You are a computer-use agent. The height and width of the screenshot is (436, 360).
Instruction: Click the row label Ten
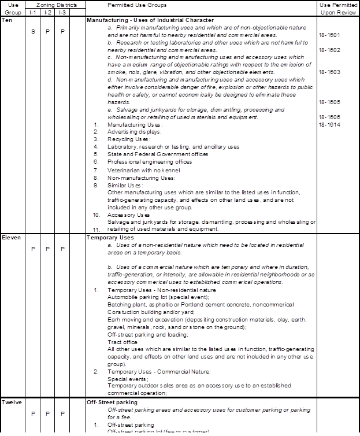(7, 20)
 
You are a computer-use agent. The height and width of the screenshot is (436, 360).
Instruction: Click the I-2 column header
(48, 12)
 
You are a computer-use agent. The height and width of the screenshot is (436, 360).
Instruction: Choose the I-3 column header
(62, 12)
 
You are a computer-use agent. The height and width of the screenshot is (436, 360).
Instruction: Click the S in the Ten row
(33, 31)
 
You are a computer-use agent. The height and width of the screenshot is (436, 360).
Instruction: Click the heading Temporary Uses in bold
(110, 238)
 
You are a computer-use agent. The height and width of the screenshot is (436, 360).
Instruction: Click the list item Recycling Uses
(129, 139)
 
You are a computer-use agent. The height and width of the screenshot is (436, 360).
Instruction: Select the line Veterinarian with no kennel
(143, 170)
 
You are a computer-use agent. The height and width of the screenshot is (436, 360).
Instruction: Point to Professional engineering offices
(150, 162)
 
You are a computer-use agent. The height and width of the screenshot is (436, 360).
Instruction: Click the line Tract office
(123, 342)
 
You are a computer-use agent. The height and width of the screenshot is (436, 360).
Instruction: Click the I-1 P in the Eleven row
(33, 249)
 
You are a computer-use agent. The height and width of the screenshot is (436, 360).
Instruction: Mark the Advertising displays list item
(135, 132)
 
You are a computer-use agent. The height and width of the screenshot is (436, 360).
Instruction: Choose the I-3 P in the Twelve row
(62, 413)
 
